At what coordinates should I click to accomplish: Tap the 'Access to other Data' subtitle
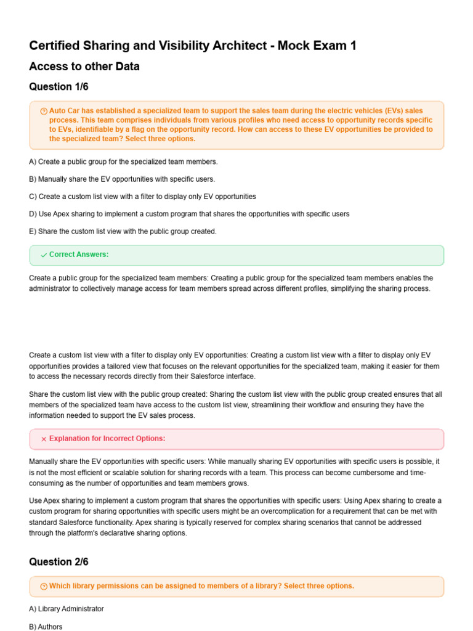coord(84,67)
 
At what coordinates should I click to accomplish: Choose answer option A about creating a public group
coord(123,161)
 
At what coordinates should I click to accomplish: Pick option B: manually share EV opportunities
coord(122,179)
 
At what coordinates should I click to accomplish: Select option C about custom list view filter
coord(142,197)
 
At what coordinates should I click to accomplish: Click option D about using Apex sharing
coord(189,214)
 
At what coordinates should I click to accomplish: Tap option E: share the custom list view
coord(123,231)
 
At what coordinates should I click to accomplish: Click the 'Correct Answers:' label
coord(79,254)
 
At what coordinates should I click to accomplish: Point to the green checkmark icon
coord(44,255)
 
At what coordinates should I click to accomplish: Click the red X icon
coord(44,439)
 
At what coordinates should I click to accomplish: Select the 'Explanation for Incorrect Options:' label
coord(107,439)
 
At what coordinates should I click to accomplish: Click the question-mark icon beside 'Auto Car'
coord(44,111)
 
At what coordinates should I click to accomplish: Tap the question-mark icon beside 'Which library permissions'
coord(44,586)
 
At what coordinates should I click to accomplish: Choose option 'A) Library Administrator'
coord(67,609)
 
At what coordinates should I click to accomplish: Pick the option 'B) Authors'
coord(46,627)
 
